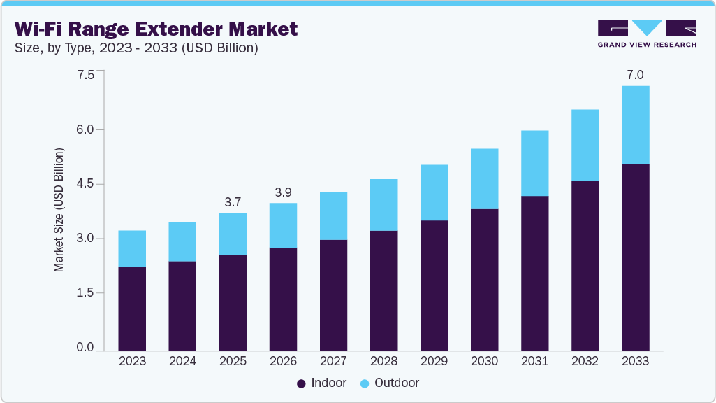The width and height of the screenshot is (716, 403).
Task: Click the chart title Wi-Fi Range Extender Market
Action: tap(156, 29)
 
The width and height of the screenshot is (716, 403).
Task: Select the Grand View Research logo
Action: tap(647, 33)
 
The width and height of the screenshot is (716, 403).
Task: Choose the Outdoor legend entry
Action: tap(390, 383)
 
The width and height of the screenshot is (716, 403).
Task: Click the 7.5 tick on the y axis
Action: tap(85, 75)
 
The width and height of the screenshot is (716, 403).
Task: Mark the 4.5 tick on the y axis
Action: tap(85, 184)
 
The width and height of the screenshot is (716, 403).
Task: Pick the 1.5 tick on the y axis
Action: tap(85, 293)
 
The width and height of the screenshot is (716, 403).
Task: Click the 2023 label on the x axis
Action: tap(132, 362)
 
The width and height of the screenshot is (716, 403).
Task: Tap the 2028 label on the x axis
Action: tap(383, 362)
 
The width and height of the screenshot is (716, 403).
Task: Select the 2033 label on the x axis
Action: tap(635, 362)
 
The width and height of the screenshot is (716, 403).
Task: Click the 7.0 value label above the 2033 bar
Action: tap(635, 75)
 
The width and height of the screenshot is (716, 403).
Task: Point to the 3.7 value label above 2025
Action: tap(233, 202)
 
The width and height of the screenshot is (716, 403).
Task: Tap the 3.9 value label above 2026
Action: tap(283, 192)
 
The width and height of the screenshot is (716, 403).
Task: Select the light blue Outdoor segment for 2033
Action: tap(635, 125)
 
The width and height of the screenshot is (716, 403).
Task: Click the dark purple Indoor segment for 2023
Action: tap(132, 309)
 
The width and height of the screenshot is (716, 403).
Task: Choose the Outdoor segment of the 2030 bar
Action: tap(484, 179)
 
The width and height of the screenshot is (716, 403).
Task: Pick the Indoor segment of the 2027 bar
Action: tap(333, 295)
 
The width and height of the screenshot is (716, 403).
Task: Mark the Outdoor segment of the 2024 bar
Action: tap(182, 242)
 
